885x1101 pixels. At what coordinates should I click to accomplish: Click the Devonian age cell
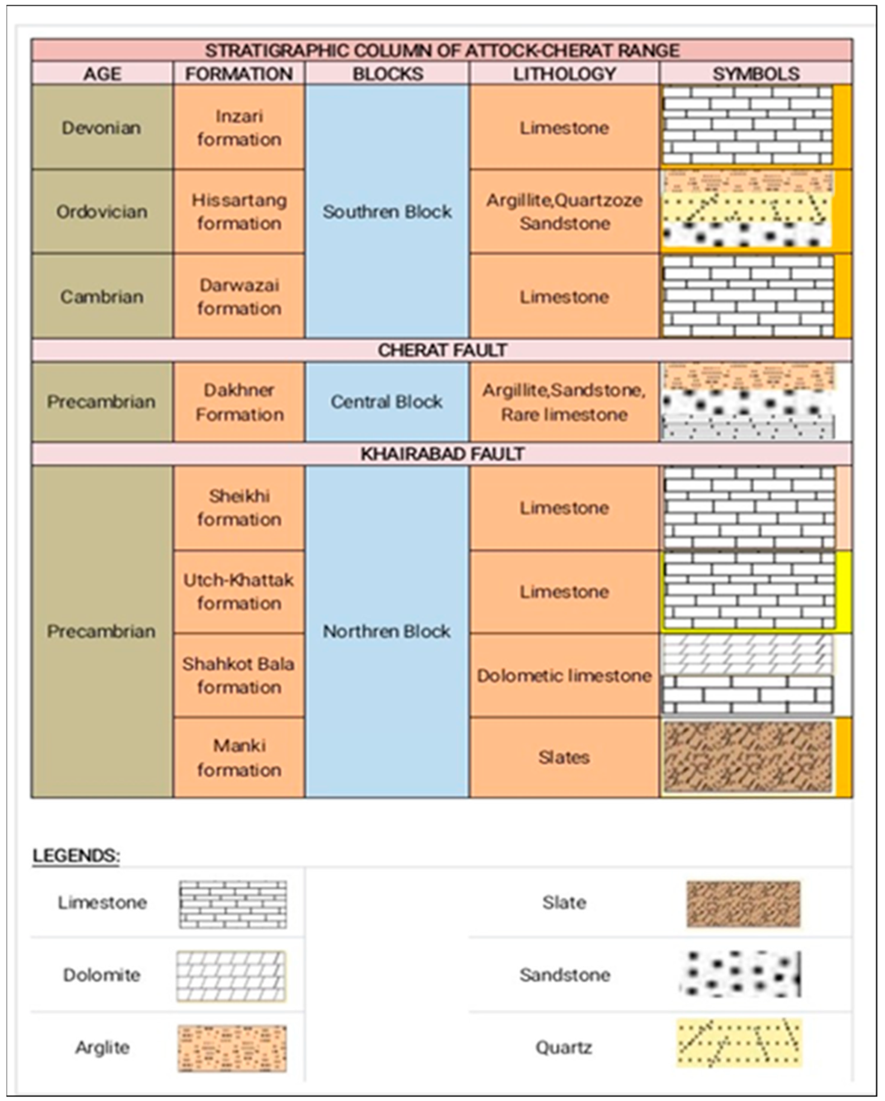[x=102, y=127]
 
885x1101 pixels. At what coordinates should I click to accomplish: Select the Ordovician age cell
[x=102, y=211]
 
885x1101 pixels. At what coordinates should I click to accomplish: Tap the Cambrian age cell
[x=102, y=296]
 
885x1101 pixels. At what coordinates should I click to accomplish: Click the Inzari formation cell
[x=239, y=127]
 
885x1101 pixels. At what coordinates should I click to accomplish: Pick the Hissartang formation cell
[x=239, y=211]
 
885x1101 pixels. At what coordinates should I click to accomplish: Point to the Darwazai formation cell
[x=239, y=296]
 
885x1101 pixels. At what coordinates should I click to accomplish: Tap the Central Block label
[x=386, y=402]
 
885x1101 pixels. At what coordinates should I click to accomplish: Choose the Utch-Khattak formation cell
[x=239, y=591]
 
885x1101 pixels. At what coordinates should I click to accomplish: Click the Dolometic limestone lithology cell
[x=564, y=675]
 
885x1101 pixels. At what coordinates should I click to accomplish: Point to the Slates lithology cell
[x=564, y=757]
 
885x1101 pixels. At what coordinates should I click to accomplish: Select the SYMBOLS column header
[x=756, y=74]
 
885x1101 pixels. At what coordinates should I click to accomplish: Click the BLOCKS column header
[x=388, y=74]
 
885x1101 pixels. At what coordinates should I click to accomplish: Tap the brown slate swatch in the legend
[x=743, y=903]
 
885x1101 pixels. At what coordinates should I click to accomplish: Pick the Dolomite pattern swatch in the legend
[x=231, y=976]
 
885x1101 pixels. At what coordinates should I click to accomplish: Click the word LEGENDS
[x=76, y=855]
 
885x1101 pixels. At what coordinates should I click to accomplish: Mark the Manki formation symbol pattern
[x=748, y=757]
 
